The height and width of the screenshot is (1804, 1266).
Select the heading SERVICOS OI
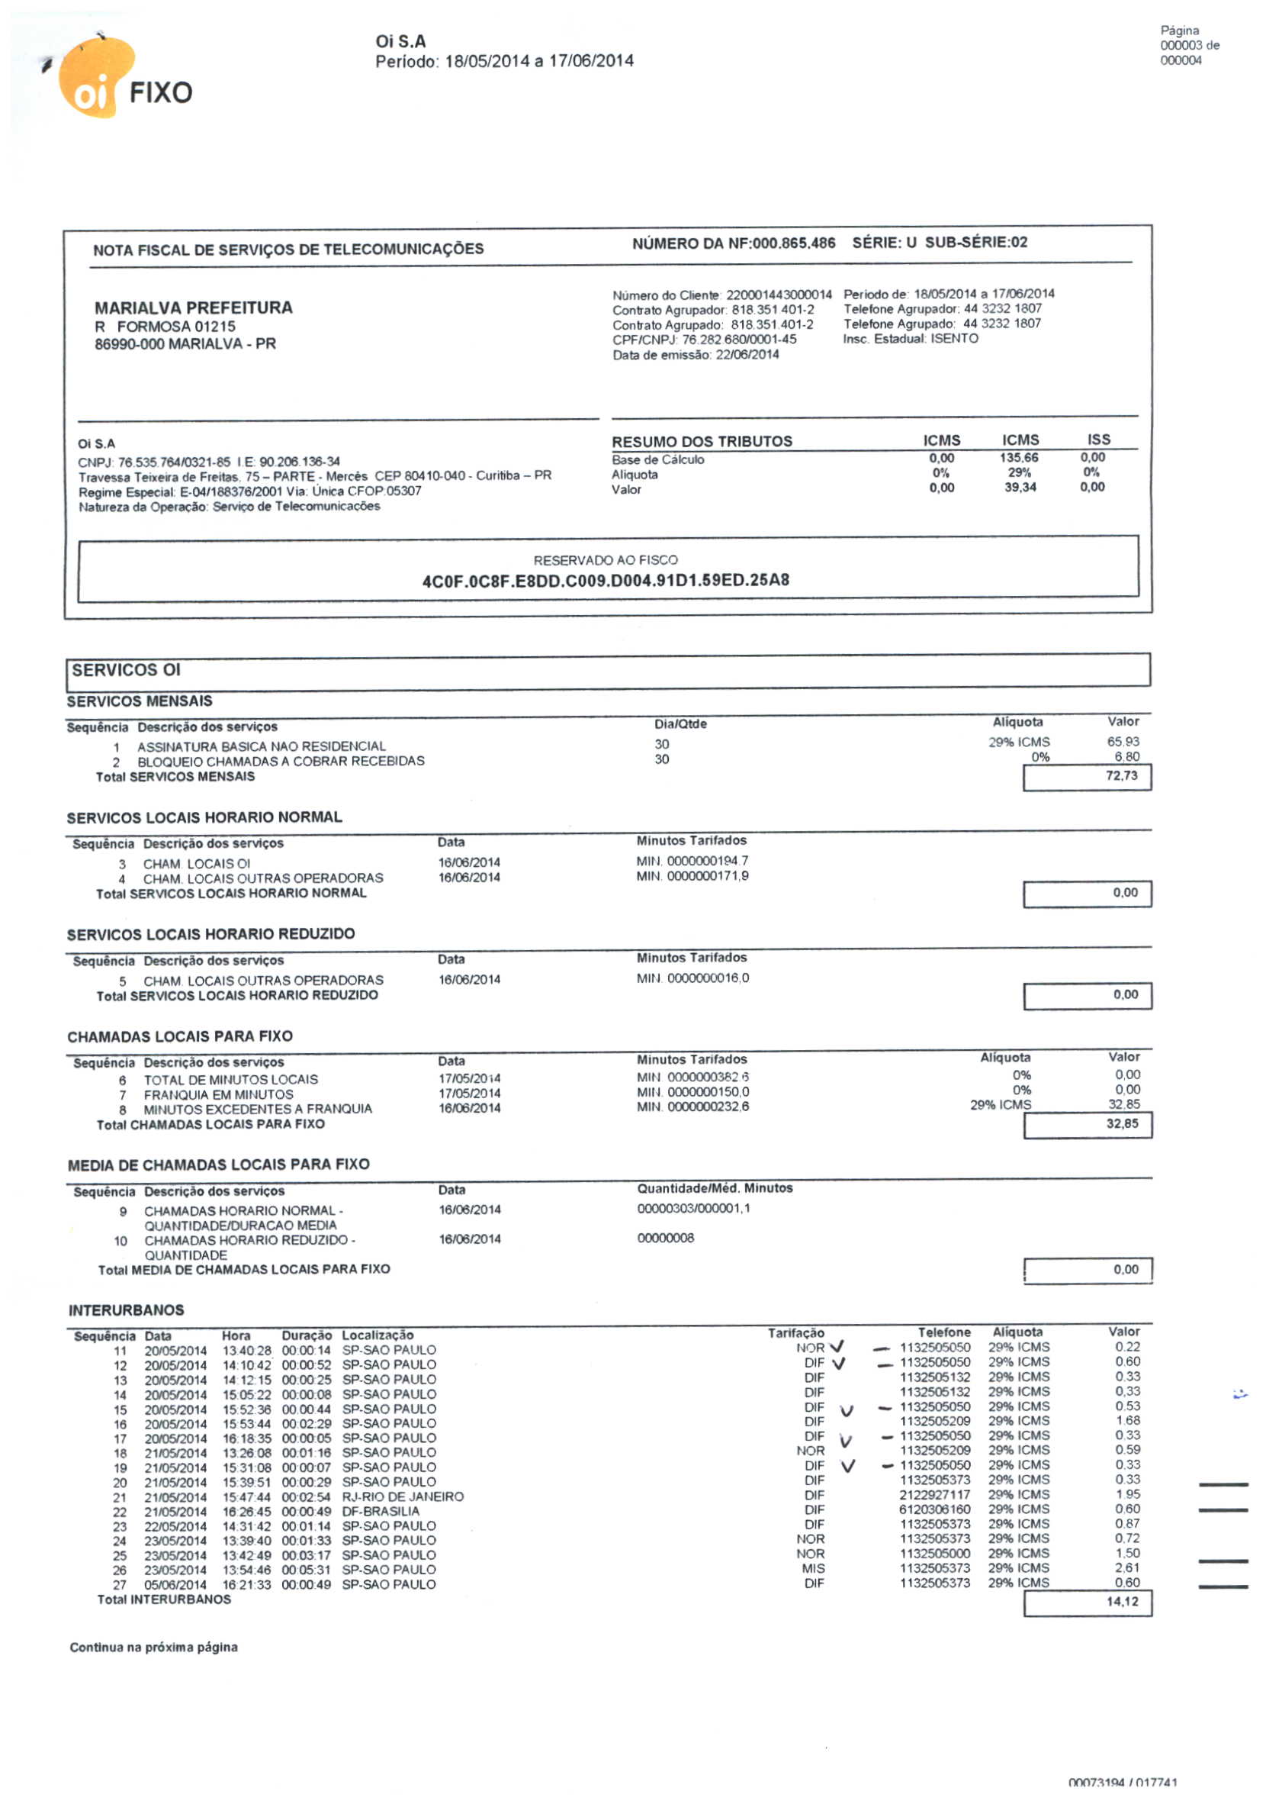(x=126, y=670)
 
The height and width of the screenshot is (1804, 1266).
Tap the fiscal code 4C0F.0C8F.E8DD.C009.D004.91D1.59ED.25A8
(x=606, y=581)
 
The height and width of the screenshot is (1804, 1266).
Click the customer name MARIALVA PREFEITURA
(x=193, y=308)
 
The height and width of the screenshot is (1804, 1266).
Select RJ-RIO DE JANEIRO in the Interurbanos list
(x=402, y=1496)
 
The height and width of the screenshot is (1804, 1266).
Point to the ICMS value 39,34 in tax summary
(x=1020, y=488)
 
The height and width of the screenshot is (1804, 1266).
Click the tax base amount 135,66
(x=1020, y=458)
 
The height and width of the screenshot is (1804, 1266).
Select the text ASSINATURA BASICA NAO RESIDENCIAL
(x=262, y=746)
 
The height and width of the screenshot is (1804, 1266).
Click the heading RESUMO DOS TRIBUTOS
(x=702, y=442)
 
